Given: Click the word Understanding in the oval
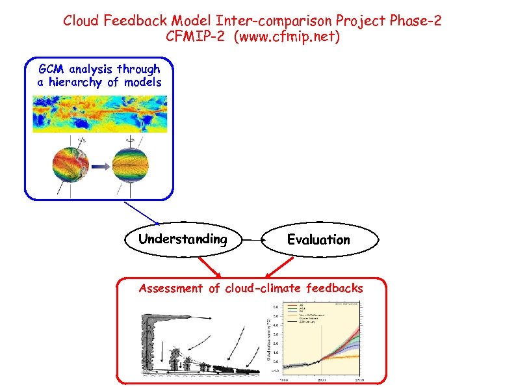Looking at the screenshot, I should click(183, 239).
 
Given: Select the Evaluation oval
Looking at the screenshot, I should click(318, 240).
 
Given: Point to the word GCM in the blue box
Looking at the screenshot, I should click(51, 69).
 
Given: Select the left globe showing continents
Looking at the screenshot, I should click(70, 163).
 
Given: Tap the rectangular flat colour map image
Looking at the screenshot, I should click(99, 114).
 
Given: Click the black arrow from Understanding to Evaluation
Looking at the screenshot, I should click(252, 240).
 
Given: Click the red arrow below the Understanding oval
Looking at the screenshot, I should click(210, 265).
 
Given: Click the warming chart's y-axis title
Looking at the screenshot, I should click(269, 338).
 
